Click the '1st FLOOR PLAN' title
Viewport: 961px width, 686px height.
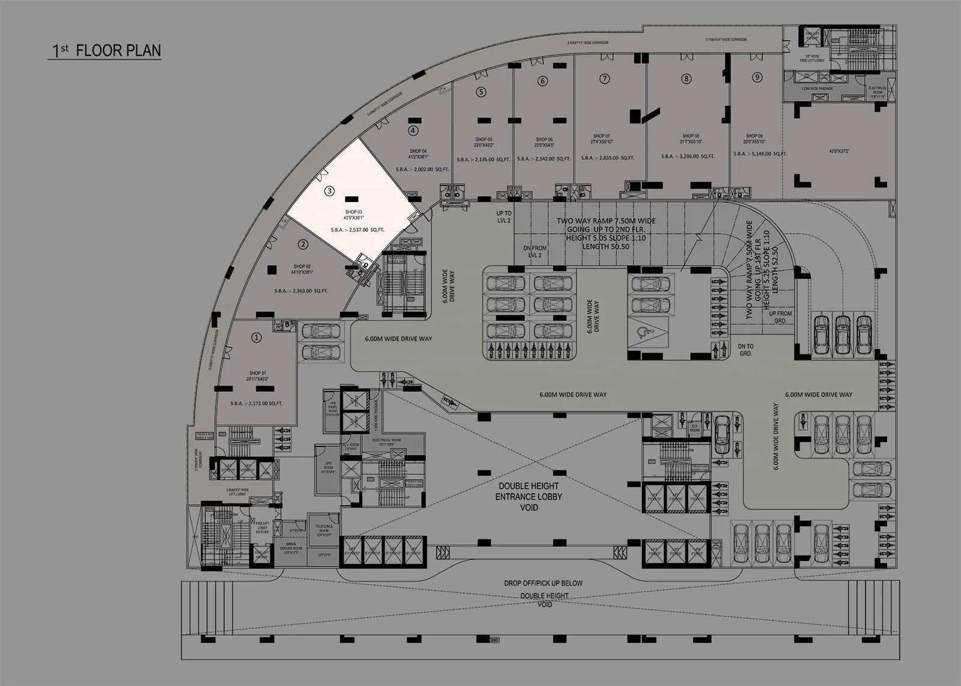click(105, 50)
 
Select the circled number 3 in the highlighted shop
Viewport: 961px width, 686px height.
click(329, 191)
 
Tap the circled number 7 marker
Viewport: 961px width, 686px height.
click(605, 79)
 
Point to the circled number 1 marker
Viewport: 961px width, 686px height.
click(257, 338)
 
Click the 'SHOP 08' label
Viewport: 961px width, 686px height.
click(691, 136)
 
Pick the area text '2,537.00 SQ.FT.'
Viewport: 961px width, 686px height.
click(358, 230)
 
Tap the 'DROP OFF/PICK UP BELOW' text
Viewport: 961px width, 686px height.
click(543, 583)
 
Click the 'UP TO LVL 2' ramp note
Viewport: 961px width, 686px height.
click(503, 217)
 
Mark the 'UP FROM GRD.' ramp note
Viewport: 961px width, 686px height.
click(780, 317)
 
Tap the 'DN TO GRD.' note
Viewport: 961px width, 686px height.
click(746, 350)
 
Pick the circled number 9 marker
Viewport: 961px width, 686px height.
click(757, 76)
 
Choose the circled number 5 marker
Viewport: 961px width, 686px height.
click(480, 92)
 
